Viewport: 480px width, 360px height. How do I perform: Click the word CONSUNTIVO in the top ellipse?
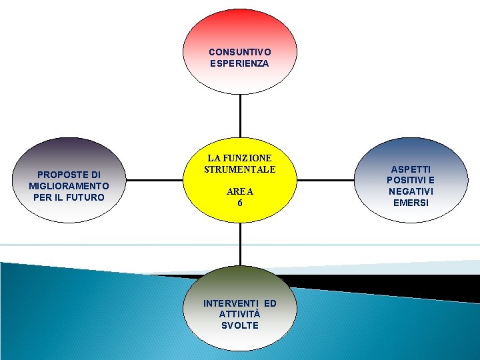point(239,52)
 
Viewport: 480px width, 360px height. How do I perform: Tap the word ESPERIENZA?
point(239,63)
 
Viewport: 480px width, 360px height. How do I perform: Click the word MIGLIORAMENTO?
point(69,186)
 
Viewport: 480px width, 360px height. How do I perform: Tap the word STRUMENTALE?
point(239,170)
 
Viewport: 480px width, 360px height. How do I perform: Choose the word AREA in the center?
point(239,191)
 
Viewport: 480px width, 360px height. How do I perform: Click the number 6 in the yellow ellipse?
point(239,202)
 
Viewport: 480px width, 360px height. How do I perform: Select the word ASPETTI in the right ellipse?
point(411,170)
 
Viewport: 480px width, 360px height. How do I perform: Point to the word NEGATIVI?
point(411,191)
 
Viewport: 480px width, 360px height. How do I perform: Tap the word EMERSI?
point(411,202)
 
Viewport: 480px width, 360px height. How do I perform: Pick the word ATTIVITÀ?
point(239,314)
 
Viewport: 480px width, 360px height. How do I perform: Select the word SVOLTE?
point(239,325)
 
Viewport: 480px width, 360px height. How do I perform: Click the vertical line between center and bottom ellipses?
point(239,247)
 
